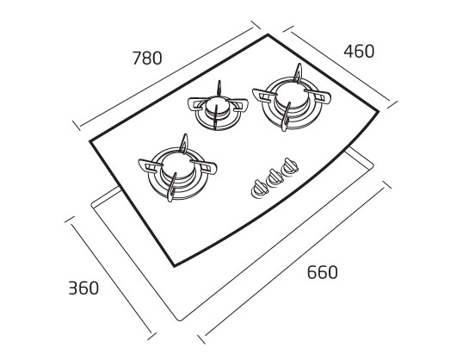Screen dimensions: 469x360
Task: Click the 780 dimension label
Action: (x=147, y=58)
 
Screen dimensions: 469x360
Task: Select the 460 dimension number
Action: (x=359, y=51)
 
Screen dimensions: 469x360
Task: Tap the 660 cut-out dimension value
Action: (x=323, y=272)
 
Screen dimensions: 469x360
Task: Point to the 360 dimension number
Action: (x=83, y=289)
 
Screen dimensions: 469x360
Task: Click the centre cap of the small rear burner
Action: (x=218, y=107)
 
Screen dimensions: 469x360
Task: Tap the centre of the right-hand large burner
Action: (x=292, y=96)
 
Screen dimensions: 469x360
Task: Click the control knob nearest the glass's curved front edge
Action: (x=259, y=189)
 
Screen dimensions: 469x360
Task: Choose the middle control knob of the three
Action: (x=275, y=177)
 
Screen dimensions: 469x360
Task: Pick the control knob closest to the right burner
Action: (x=289, y=167)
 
